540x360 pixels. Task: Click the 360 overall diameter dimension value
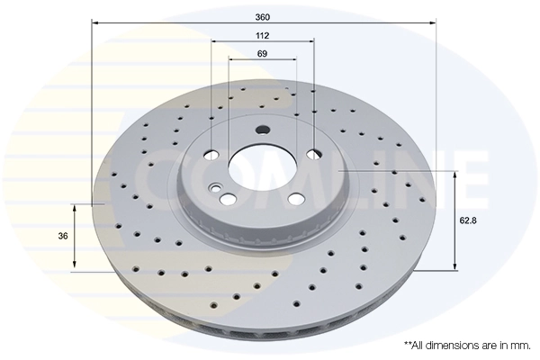(263, 17)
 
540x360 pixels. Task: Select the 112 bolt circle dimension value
(263, 35)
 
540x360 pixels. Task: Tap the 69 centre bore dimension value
(263, 55)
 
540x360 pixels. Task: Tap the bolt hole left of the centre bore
(211, 152)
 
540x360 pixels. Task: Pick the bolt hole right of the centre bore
(313, 154)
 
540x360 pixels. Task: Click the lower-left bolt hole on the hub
(229, 199)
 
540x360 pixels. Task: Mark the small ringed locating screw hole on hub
(215, 188)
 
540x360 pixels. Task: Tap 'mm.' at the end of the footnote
(520, 345)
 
